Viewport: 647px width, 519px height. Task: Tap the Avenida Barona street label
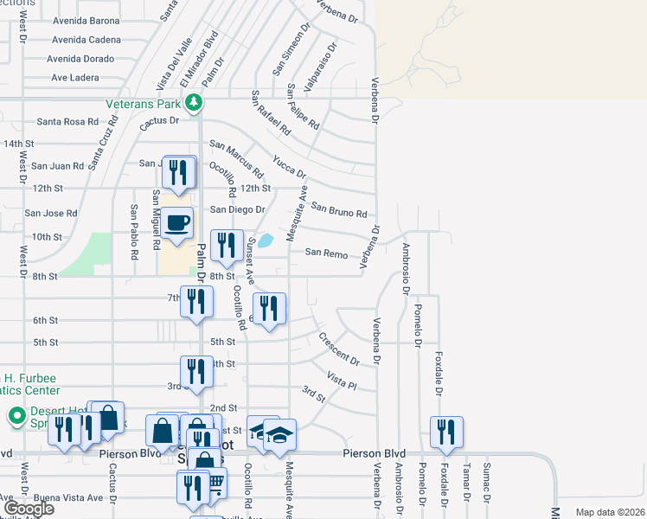click(x=86, y=21)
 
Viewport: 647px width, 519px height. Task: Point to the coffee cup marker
click(x=176, y=223)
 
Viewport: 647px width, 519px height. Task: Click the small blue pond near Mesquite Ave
click(x=266, y=240)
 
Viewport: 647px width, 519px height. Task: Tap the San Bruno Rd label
click(x=339, y=210)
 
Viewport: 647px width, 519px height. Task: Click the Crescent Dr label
click(x=338, y=349)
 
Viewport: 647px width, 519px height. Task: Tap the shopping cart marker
click(x=213, y=483)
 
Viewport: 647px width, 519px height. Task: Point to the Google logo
click(x=29, y=508)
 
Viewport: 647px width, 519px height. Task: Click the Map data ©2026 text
click(x=609, y=512)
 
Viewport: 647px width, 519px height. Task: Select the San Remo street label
click(x=325, y=253)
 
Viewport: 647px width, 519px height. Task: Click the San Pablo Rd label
click(x=134, y=233)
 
